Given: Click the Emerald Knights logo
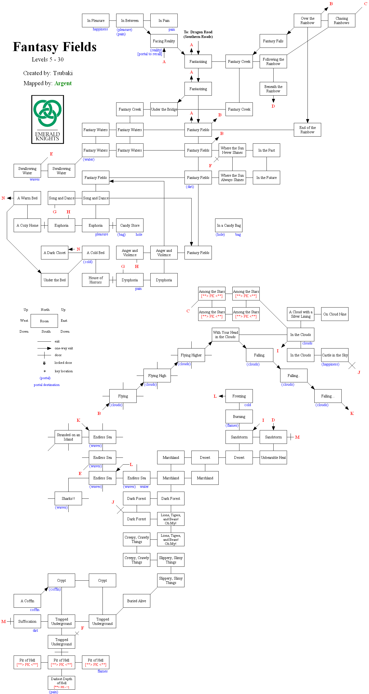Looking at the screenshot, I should coord(48,119).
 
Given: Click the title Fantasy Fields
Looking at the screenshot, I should coord(55,47).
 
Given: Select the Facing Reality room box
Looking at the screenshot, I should coord(164,41).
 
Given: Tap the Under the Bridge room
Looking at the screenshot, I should coord(164,109).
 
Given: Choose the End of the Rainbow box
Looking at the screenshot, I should coord(307,130).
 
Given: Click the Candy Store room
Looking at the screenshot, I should coord(130,225).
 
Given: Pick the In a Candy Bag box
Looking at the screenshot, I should coord(229,225).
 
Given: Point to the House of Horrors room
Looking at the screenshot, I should coord(95,280).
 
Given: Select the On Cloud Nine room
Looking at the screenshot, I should coord(335,314).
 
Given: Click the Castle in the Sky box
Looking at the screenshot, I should coord(335,355).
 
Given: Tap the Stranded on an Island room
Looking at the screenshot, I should coord(68,437).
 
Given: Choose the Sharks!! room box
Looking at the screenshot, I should coord(68,498).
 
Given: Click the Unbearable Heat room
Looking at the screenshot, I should coord(273,457).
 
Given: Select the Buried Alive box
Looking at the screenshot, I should coord(136,601).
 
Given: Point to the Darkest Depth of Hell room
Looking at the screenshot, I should coord(61,683).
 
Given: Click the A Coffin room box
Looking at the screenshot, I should coord(27,601).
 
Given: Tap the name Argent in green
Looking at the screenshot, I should coord(63,83).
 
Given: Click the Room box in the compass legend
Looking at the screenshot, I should coord(44,321).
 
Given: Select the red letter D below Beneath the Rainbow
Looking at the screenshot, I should coord(273,106).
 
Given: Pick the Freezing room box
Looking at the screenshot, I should coord(239,396).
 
